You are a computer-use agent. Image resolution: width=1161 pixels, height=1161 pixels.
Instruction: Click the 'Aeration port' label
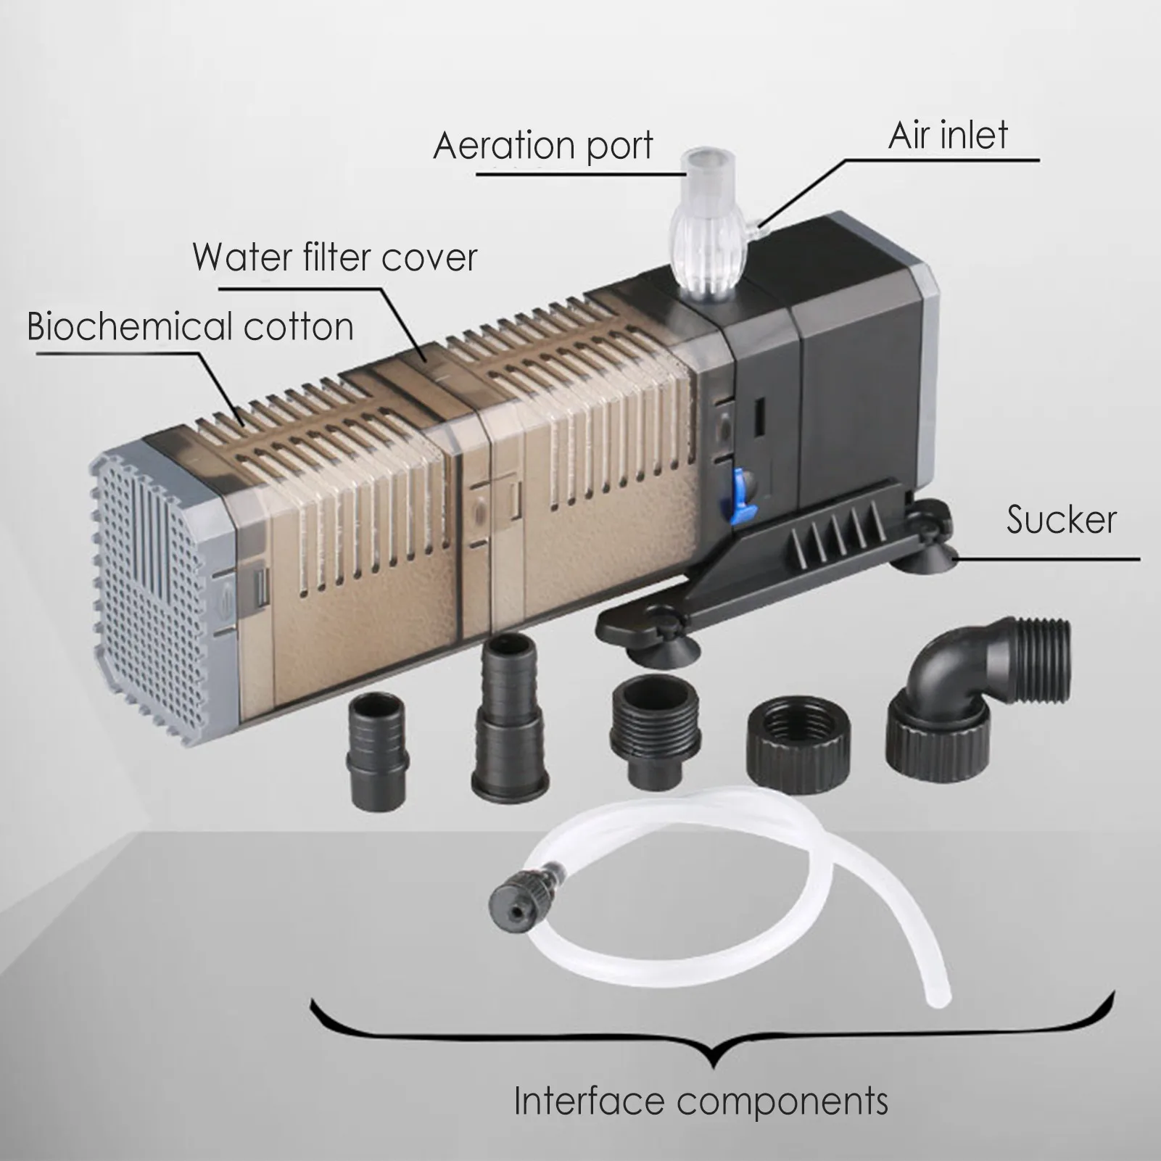(543, 146)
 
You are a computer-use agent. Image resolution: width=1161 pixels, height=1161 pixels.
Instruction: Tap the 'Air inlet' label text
(948, 136)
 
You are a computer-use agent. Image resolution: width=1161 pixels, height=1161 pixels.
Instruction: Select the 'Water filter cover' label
(335, 257)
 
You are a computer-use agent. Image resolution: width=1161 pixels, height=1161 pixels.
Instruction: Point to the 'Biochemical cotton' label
(190, 326)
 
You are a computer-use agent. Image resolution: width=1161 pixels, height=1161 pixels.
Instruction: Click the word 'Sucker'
(1061, 520)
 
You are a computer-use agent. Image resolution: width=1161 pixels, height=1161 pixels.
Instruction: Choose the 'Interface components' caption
(701, 1101)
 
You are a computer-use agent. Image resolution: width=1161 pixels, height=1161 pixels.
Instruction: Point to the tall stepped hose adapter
(507, 725)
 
